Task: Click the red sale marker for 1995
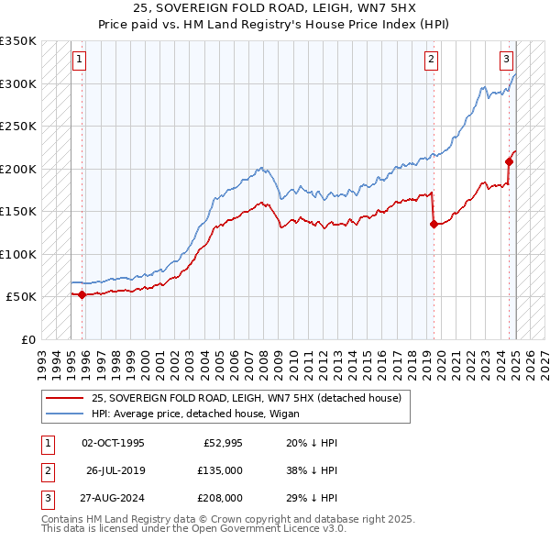pos(82,294)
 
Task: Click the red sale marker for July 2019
pos(433,224)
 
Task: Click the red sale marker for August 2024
pos(508,162)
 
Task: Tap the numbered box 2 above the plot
pos(432,61)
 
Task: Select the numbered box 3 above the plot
pos(506,61)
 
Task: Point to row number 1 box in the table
pos(48,443)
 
